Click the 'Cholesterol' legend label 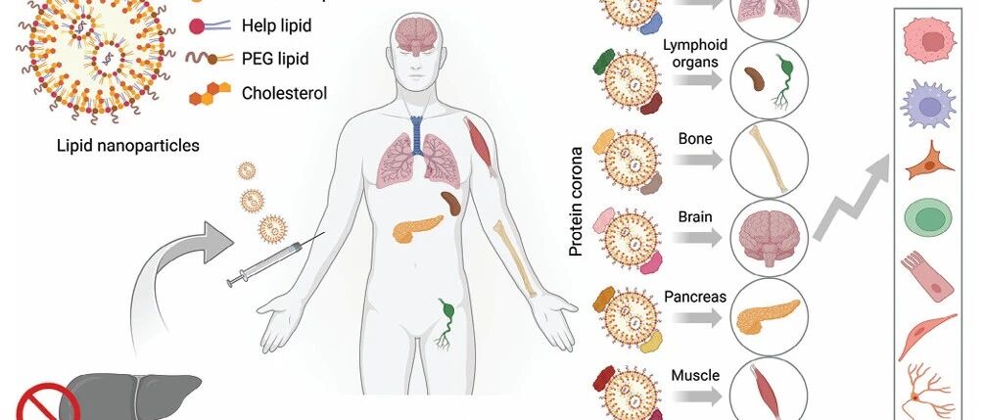[285, 94]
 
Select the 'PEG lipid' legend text [275, 59]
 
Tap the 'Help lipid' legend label [276, 25]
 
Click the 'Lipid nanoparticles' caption [128, 146]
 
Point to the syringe [274, 259]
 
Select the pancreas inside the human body [417, 228]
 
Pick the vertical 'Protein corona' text [576, 202]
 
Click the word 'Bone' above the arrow [695, 138]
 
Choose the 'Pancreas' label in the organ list [695, 297]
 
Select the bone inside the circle [768, 160]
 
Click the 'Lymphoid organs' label [695, 54]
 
